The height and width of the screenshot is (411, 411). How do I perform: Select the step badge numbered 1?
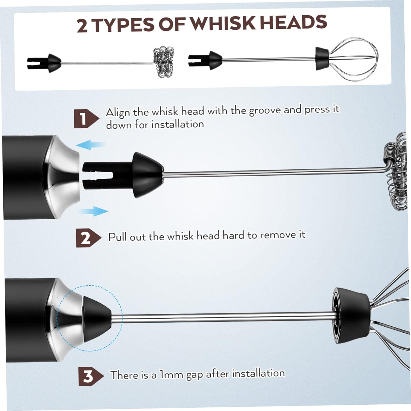tap(86, 119)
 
